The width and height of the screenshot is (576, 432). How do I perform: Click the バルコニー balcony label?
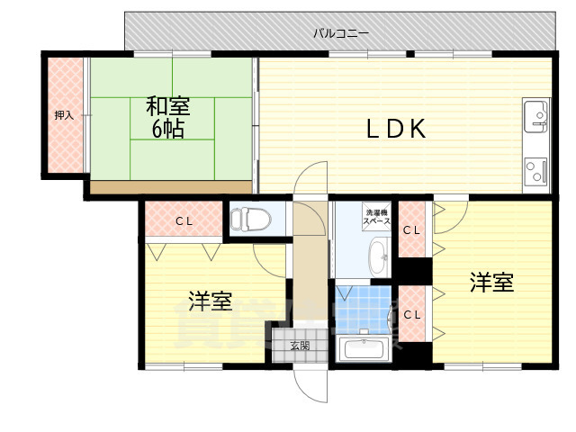341,33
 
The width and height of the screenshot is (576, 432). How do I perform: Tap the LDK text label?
394,130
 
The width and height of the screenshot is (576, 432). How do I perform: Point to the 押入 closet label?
63,115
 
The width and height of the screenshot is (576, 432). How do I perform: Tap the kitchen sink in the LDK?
536,116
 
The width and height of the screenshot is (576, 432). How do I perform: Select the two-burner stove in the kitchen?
536,168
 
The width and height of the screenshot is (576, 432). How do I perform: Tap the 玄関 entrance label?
300,346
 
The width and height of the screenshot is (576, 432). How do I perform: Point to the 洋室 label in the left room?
211,301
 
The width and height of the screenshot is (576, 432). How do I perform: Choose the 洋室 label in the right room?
491,283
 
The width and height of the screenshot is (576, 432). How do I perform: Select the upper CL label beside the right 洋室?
412,230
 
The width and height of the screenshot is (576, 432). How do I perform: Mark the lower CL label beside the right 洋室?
412,314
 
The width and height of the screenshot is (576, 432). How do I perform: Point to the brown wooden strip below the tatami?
172,187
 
